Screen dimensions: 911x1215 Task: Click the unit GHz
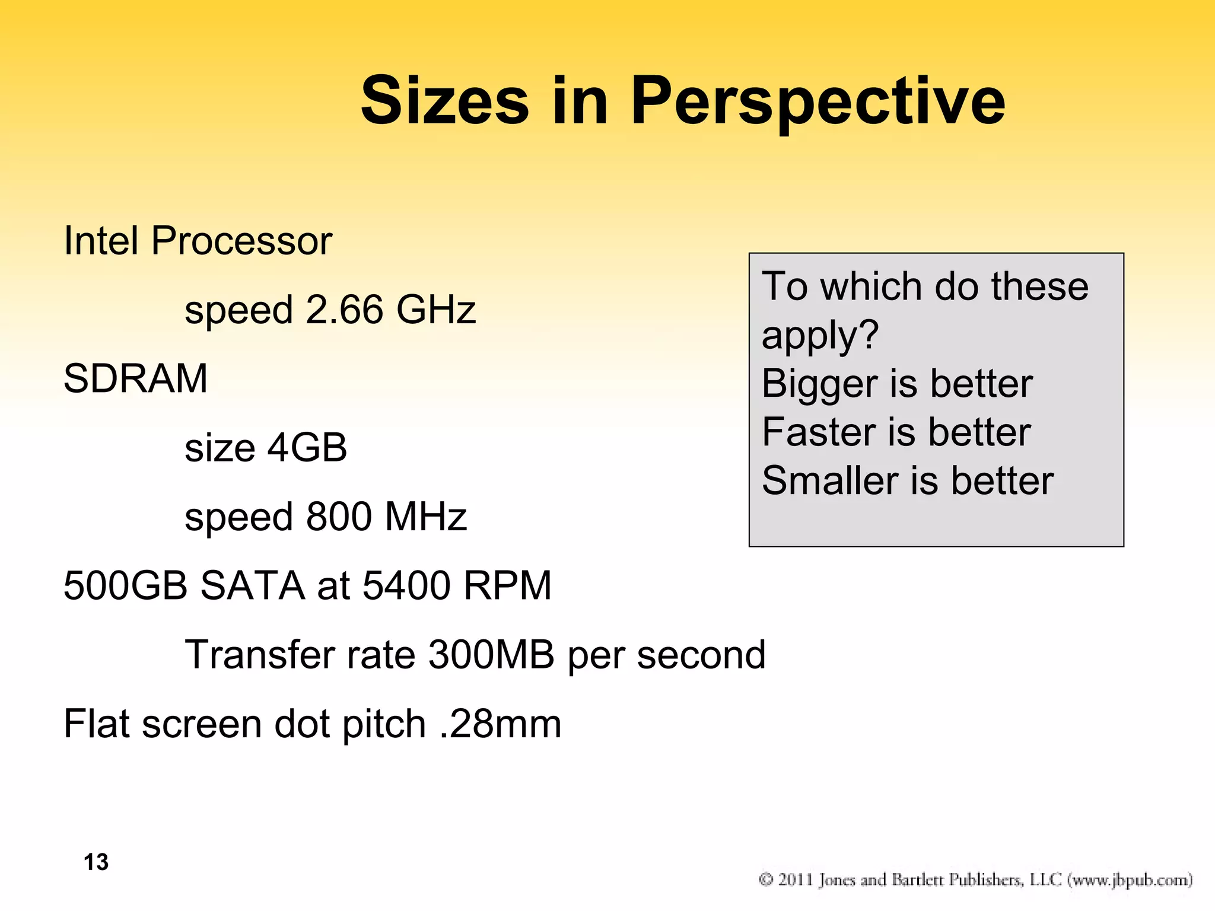click(x=436, y=310)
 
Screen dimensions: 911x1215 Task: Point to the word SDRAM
click(x=135, y=378)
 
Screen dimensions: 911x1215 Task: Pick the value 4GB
click(x=307, y=448)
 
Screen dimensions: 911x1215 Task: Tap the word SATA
click(x=253, y=586)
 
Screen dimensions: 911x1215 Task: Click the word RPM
click(x=507, y=586)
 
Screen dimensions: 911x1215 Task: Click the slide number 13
click(x=96, y=862)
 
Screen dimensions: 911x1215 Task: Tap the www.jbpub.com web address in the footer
click(x=1130, y=880)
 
